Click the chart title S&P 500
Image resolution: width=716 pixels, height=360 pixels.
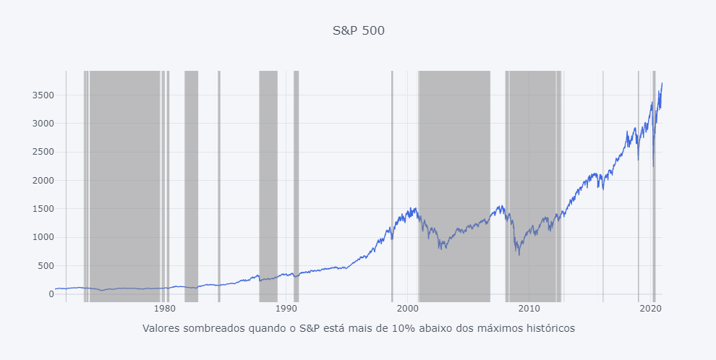point(358,30)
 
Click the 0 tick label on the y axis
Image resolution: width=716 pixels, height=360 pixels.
point(51,294)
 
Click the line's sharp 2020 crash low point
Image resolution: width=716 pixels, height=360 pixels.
point(653,166)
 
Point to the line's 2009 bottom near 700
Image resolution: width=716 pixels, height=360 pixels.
point(519,254)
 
